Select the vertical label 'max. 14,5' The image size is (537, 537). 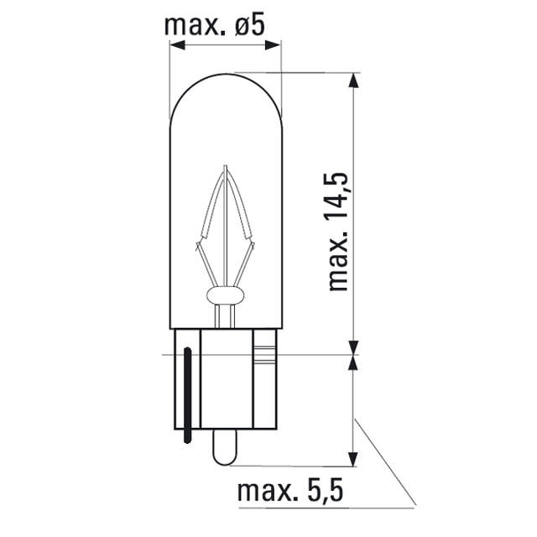(338, 230)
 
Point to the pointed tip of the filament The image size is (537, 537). (226, 167)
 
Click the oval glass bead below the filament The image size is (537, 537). (226, 295)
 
